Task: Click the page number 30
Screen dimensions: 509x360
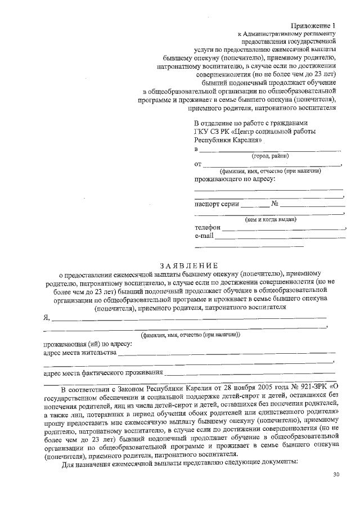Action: click(x=336, y=475)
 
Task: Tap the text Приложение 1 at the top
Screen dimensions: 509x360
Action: click(x=313, y=26)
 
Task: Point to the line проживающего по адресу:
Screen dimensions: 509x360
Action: click(x=235, y=179)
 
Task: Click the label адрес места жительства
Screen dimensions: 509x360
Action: click(x=80, y=353)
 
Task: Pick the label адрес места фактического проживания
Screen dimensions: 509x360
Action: click(x=103, y=372)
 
